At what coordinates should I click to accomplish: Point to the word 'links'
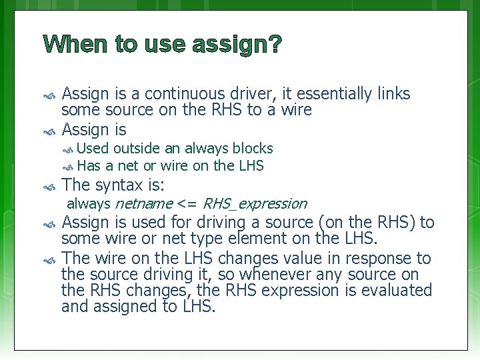point(393,94)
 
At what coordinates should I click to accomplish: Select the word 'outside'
point(137,148)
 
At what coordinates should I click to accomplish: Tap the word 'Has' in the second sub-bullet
point(89,166)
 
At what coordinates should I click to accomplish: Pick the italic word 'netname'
point(143,203)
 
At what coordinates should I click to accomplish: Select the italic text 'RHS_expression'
point(254,203)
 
